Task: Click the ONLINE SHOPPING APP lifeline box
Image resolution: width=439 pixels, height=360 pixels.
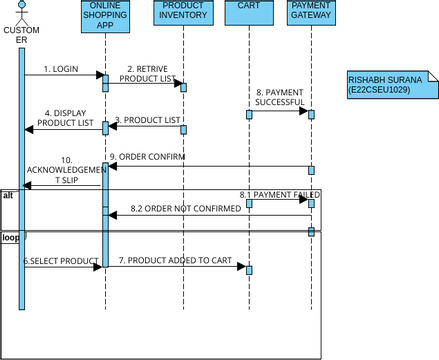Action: [104, 17]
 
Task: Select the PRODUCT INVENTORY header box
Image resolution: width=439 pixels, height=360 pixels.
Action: [182, 12]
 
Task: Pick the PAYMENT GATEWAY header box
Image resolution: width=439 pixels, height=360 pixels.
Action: [310, 12]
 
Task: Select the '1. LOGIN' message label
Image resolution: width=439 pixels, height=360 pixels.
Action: [61, 69]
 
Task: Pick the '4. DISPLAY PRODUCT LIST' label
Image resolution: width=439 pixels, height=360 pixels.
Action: [65, 118]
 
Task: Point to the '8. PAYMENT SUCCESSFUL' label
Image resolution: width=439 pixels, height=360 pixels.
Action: [279, 97]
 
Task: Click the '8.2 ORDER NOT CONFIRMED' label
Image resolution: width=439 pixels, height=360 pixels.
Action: [186, 208]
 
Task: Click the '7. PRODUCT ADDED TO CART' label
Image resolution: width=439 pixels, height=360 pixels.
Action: [175, 260]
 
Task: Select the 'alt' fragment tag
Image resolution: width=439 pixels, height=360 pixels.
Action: [8, 195]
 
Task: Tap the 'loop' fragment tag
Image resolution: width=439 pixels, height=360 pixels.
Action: [11, 238]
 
